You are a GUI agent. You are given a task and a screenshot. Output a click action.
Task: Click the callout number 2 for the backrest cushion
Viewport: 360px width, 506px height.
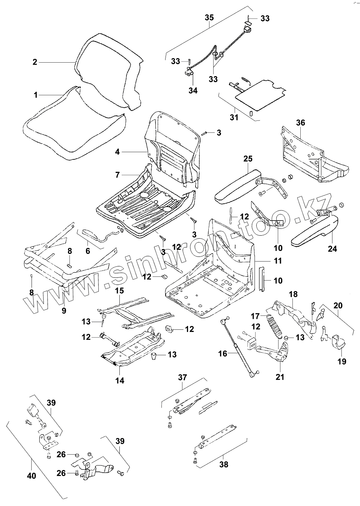pyautogui.click(x=35, y=62)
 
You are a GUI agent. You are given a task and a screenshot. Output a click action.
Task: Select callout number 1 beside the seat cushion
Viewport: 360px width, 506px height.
pyautogui.click(x=36, y=95)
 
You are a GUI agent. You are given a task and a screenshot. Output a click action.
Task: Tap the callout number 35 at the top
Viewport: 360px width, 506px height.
pyautogui.click(x=209, y=17)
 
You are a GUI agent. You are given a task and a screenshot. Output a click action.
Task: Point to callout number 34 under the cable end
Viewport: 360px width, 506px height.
pyautogui.click(x=193, y=90)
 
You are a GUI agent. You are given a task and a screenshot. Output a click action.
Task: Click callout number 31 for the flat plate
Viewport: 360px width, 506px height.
pyautogui.click(x=234, y=117)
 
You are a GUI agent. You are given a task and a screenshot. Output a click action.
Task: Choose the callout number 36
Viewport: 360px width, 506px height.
pyautogui.click(x=300, y=123)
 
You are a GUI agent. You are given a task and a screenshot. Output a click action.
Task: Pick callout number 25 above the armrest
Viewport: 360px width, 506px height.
pyautogui.click(x=248, y=159)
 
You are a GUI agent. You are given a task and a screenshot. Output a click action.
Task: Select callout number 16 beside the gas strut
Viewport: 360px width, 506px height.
pyautogui.click(x=223, y=353)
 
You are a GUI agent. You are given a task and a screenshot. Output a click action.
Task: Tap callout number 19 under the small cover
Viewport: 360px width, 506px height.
pyautogui.click(x=342, y=361)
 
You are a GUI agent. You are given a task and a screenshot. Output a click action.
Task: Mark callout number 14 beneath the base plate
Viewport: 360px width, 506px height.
pyautogui.click(x=120, y=380)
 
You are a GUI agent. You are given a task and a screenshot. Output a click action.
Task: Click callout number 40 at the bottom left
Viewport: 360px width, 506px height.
pyautogui.click(x=32, y=476)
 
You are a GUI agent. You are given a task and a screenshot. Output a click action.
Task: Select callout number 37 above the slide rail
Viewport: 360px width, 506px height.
pyautogui.click(x=182, y=377)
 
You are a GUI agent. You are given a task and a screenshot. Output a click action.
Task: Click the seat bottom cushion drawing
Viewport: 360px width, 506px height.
pyautogui.click(x=71, y=135)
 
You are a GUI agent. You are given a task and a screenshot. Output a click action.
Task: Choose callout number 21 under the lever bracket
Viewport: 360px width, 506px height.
pyautogui.click(x=280, y=377)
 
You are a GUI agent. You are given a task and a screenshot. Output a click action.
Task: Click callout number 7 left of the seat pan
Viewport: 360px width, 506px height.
pyautogui.click(x=117, y=175)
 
